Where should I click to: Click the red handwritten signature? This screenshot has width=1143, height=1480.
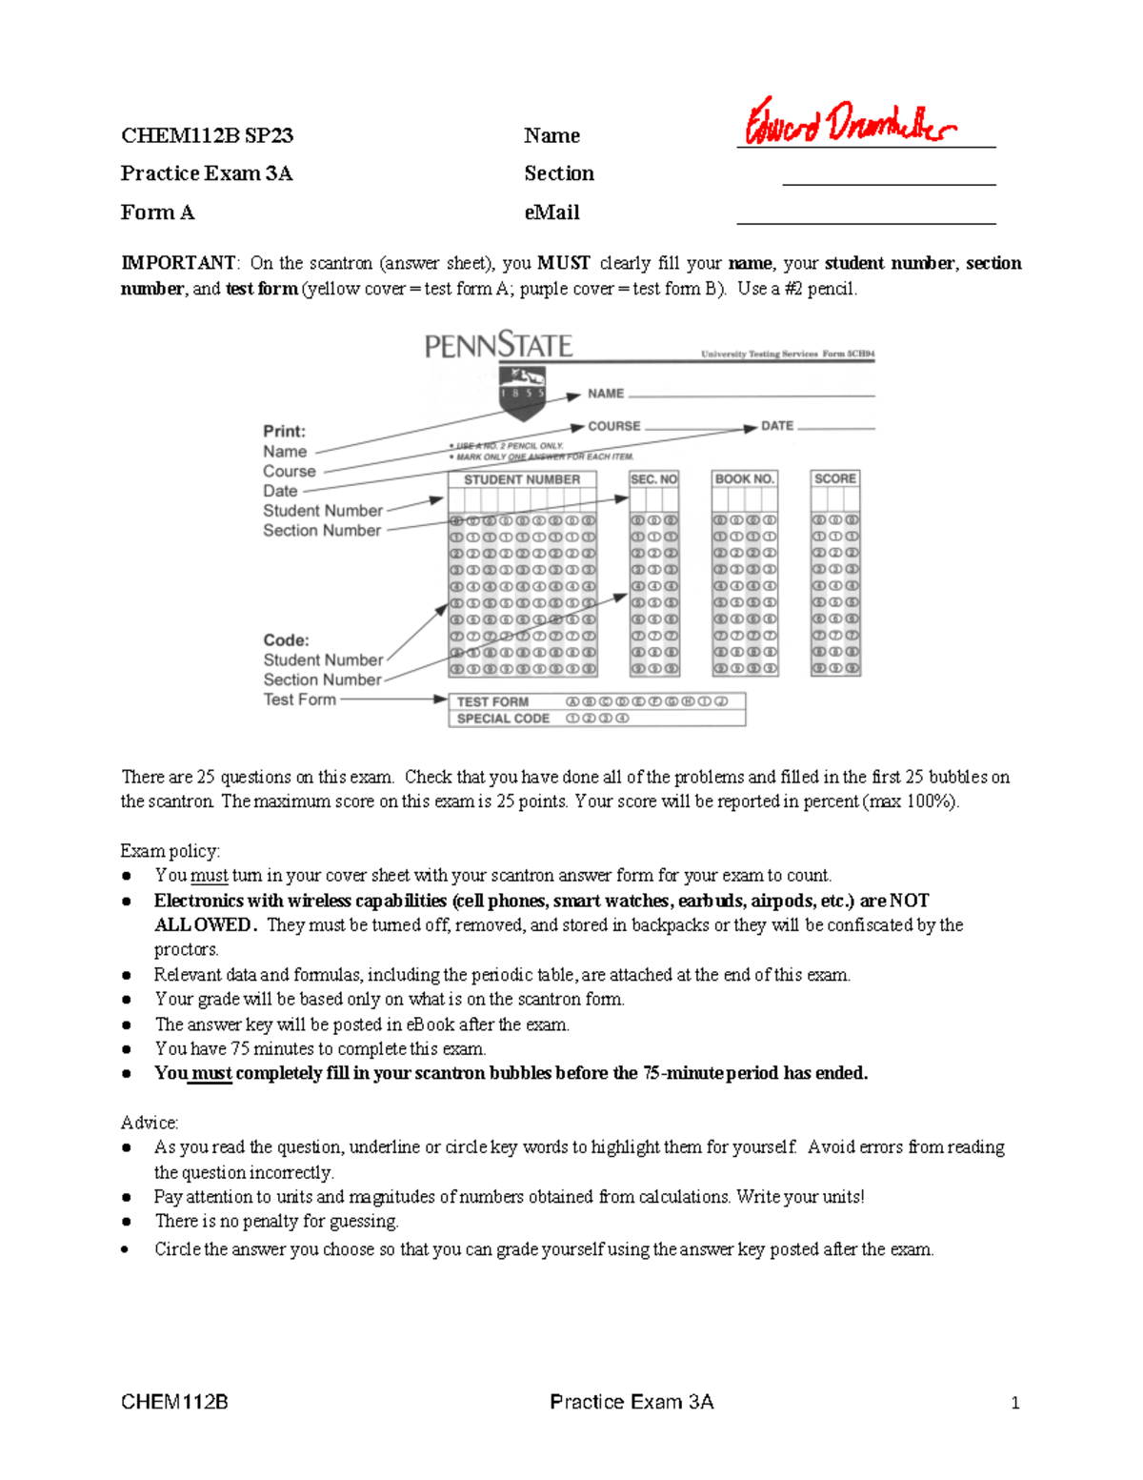850,123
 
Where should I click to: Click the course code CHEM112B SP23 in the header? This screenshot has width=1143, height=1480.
207,135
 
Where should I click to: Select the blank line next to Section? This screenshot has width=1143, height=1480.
888,183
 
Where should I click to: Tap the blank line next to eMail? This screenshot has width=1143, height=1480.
865,222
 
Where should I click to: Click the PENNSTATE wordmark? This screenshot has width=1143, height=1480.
498,345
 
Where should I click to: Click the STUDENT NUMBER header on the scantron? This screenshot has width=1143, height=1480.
521,479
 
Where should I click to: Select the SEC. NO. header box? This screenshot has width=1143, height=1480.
653,479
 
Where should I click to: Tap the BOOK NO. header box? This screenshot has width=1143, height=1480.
744,479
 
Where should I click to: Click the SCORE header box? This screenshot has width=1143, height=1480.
834,478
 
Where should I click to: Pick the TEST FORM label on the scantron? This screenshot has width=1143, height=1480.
492,701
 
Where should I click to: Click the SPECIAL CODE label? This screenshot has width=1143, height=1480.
503,719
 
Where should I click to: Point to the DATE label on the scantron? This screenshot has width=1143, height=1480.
776,426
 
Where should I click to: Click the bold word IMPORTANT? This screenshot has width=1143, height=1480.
177,263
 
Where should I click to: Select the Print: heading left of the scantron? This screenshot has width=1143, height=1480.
284,431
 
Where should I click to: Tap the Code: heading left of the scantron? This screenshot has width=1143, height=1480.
286,640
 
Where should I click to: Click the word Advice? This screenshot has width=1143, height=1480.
150,1123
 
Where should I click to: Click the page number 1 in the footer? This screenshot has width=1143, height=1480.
1015,1402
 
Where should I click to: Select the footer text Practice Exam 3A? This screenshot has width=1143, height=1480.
632,1402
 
